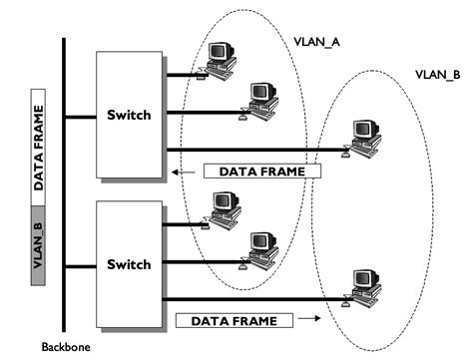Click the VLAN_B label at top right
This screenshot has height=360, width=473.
pyautogui.click(x=437, y=75)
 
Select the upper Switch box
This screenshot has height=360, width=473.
pyautogui.click(x=129, y=115)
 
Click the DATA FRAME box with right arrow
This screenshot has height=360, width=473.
pyautogui.click(x=234, y=320)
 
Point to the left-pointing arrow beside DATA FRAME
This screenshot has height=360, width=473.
pyautogui.click(x=186, y=171)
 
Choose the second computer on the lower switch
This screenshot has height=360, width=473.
pyautogui.click(x=261, y=250)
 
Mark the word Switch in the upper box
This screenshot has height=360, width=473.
pyautogui.click(x=129, y=115)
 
